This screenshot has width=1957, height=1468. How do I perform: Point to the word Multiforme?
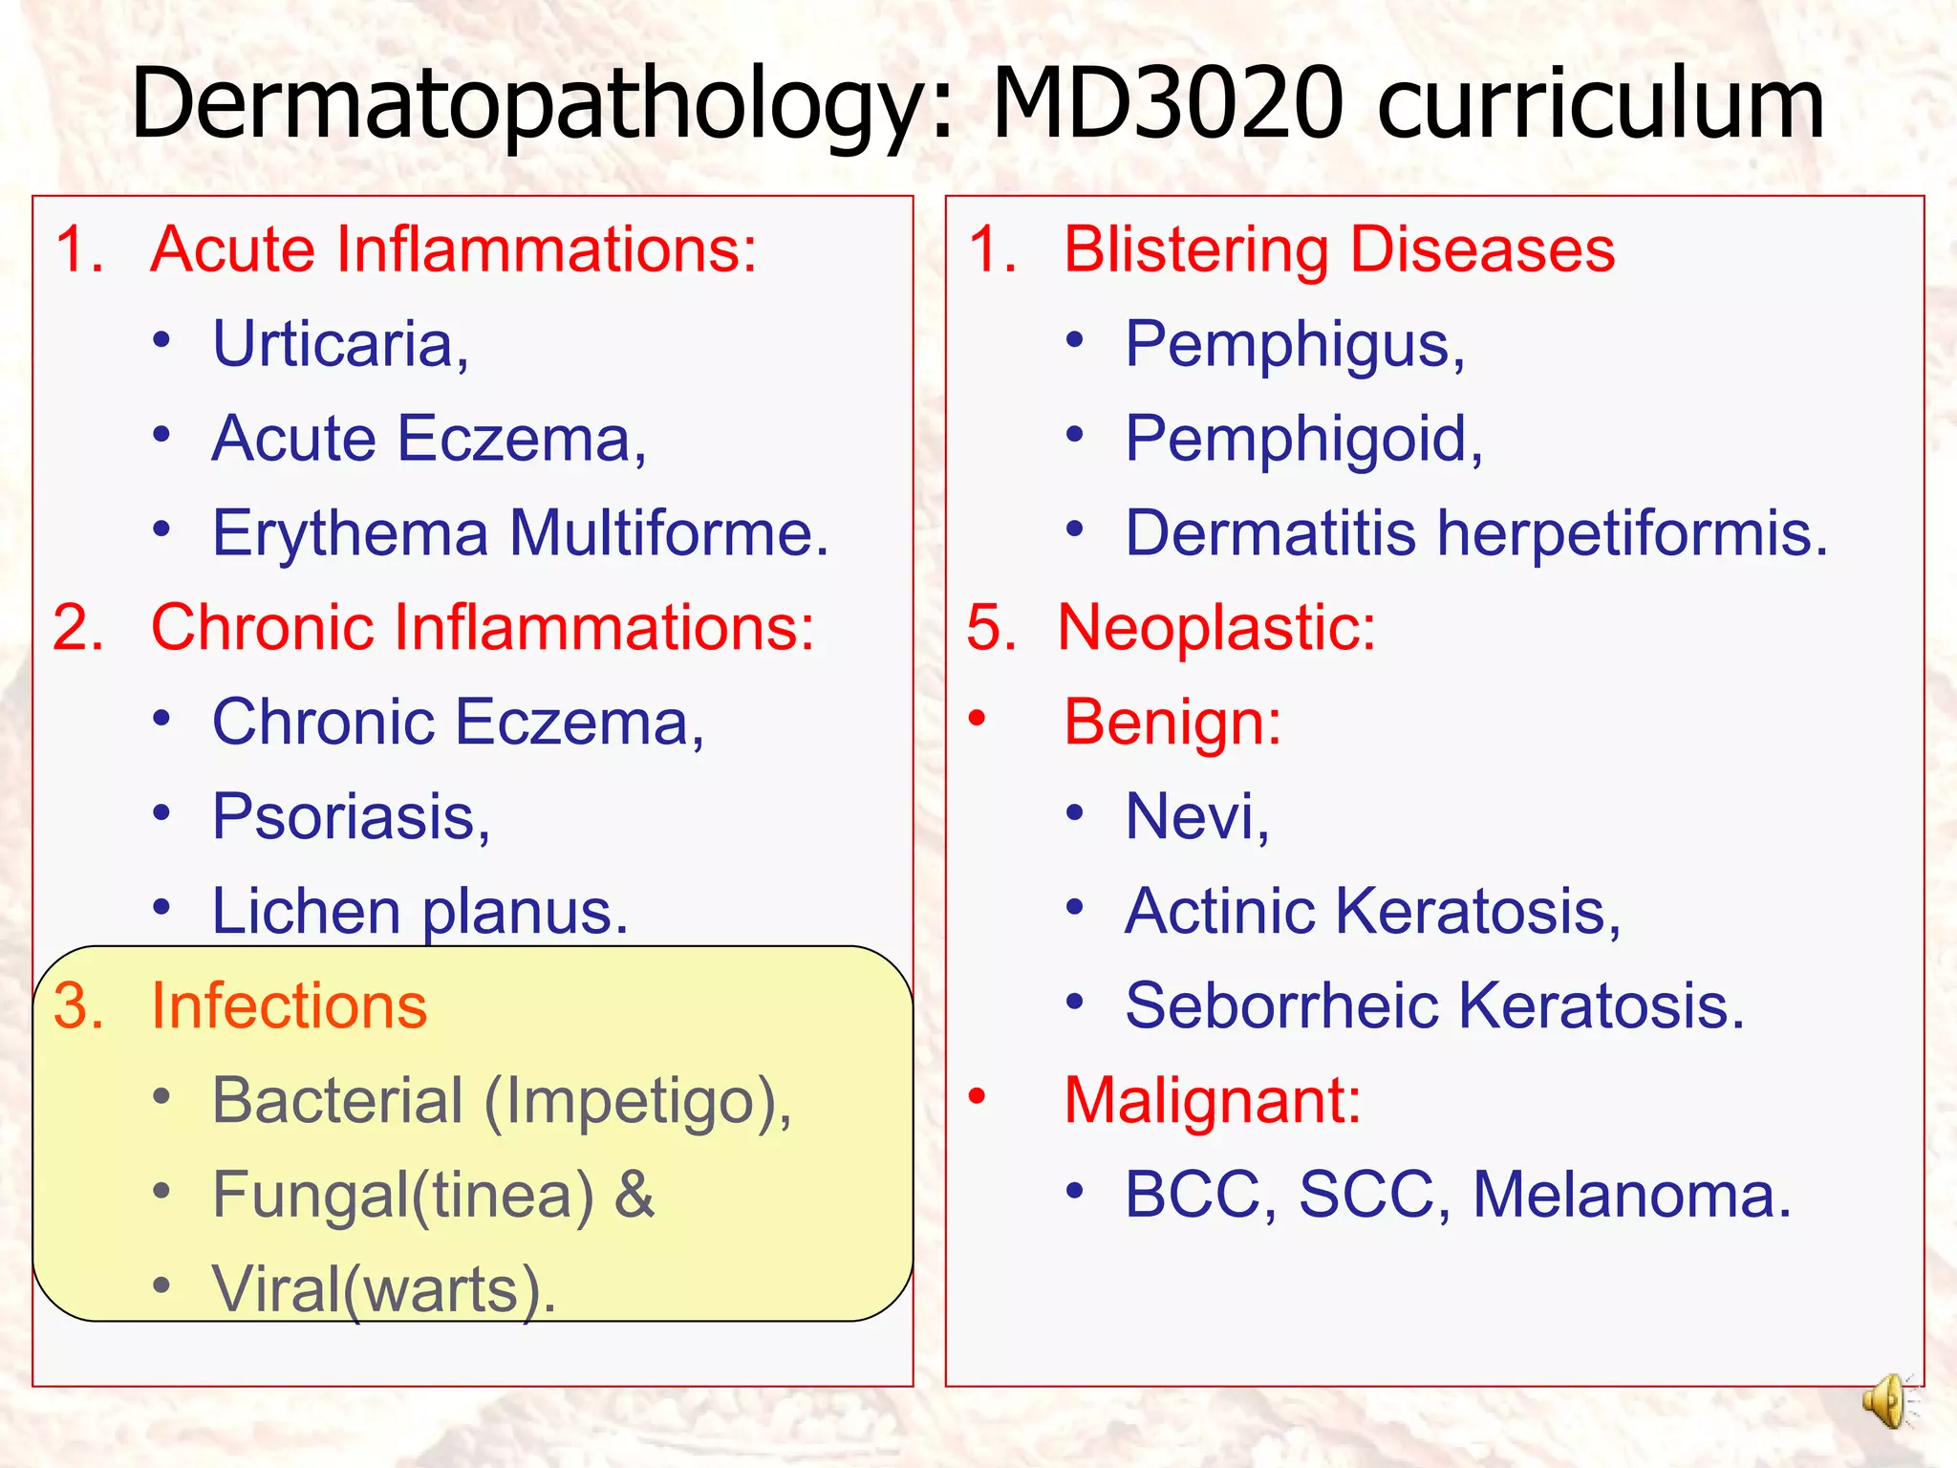click(668, 532)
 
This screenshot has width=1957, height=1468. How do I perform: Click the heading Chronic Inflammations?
click(483, 627)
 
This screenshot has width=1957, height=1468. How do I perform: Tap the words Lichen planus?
click(419, 911)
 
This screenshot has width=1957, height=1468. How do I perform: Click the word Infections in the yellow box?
click(289, 1005)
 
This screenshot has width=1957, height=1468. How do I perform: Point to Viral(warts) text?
click(383, 1289)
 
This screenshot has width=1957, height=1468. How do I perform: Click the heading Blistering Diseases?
click(1339, 249)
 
